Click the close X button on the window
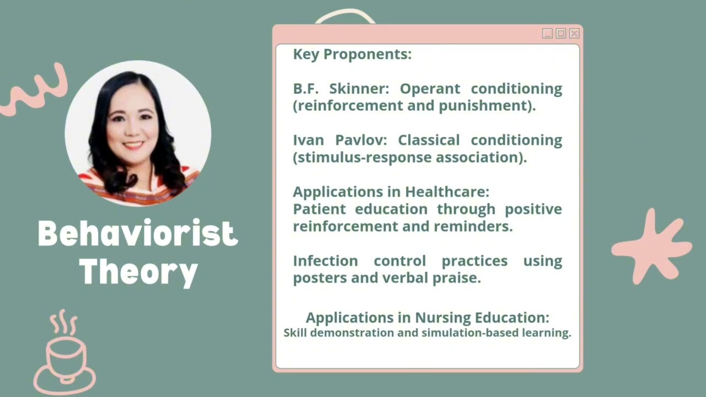point(574,34)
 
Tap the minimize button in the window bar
point(547,34)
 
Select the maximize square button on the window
point(561,34)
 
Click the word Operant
point(430,89)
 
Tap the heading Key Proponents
point(352,55)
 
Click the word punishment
point(485,106)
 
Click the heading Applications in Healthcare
point(391,192)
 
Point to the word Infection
point(325,260)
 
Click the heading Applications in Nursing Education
point(427,318)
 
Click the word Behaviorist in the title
point(137,234)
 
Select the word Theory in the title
point(137,271)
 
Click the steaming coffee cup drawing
point(65,353)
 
